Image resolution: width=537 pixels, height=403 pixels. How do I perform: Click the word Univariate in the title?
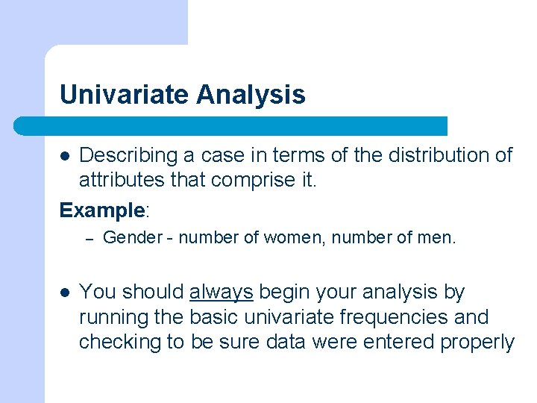(x=125, y=95)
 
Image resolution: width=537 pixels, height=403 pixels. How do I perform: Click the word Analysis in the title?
(x=251, y=95)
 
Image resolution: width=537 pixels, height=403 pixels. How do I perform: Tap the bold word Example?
(x=101, y=210)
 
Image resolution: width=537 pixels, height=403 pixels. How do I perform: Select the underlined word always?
(x=222, y=292)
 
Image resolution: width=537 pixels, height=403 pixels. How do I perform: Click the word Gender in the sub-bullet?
(x=132, y=238)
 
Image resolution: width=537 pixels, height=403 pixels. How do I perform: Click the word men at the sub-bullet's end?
(x=438, y=238)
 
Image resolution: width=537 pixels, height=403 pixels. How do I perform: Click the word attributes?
(x=122, y=181)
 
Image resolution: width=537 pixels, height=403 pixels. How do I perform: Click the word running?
(x=113, y=317)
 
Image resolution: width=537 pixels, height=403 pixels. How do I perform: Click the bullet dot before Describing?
(x=66, y=156)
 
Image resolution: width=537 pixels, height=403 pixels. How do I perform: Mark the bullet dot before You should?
(x=66, y=293)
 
